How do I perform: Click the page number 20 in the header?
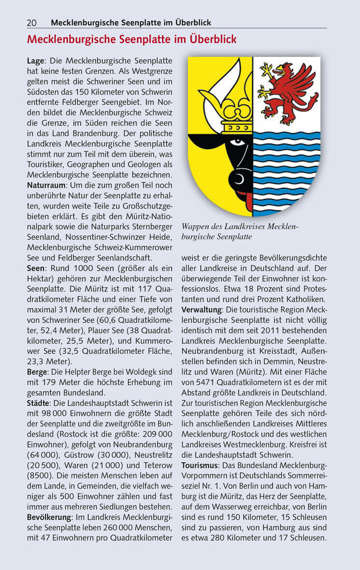coord(32,22)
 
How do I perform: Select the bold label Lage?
coord(36,60)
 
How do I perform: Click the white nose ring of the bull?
coord(241,178)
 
